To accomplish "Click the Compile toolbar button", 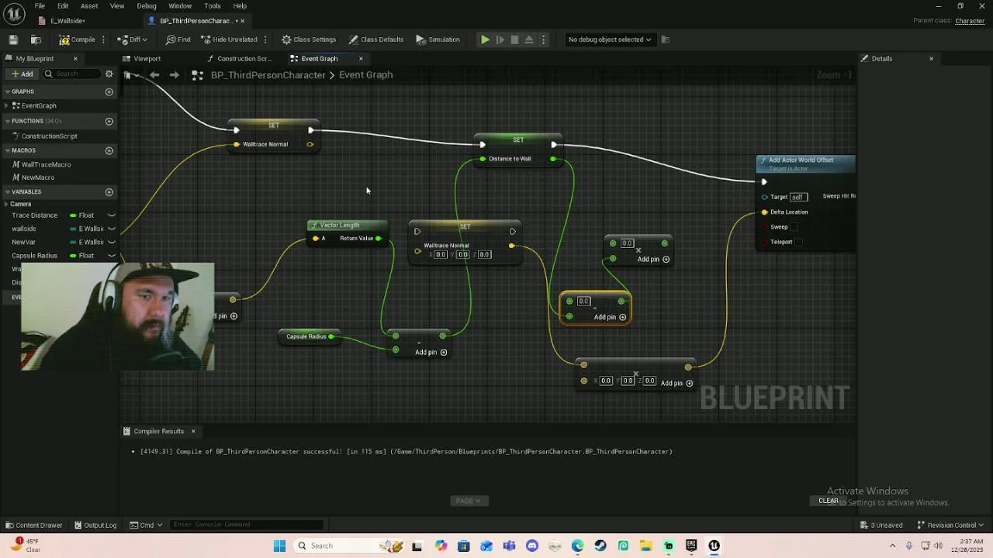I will (78, 40).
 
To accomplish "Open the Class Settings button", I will (309, 40).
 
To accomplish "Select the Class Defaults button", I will (376, 40).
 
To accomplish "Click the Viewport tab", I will (147, 59).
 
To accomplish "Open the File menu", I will (40, 6).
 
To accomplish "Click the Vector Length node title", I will (340, 226).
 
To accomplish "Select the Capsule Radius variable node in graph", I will (306, 336).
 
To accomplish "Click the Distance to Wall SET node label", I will (510, 159).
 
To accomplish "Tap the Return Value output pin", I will (379, 239).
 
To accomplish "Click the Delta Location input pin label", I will (789, 212).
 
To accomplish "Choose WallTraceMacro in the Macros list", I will (46, 164).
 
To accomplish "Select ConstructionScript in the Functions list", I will (49, 136).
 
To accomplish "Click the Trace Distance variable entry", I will (34, 215).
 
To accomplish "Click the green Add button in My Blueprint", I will (22, 74).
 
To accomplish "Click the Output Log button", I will (95, 525).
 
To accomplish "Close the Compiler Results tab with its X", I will (193, 432).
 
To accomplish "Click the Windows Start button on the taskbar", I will (279, 546).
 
